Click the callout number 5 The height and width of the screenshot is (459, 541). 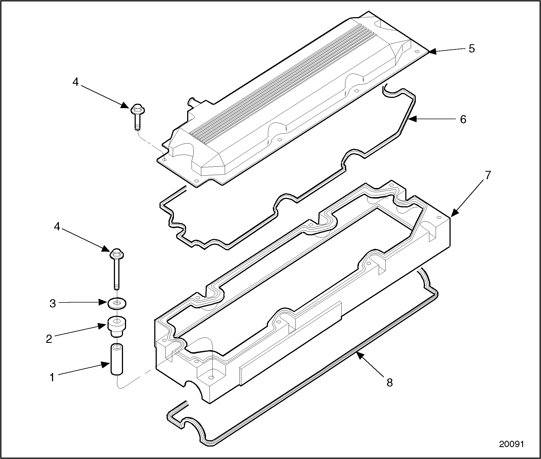[x=472, y=48]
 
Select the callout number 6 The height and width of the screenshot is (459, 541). [x=463, y=119]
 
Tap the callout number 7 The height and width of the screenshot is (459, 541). [x=488, y=175]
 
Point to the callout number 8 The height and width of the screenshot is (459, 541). [x=390, y=382]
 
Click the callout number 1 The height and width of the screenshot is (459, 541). [x=52, y=377]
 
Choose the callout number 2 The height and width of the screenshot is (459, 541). [x=49, y=339]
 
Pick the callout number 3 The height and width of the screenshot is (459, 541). [x=53, y=303]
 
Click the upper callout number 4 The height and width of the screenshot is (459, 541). [x=75, y=82]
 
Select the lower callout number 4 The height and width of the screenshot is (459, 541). [x=57, y=227]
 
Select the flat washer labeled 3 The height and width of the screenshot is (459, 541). [x=116, y=303]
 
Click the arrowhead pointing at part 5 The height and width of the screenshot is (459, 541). [x=432, y=51]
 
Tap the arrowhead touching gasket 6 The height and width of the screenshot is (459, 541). [x=412, y=119]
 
